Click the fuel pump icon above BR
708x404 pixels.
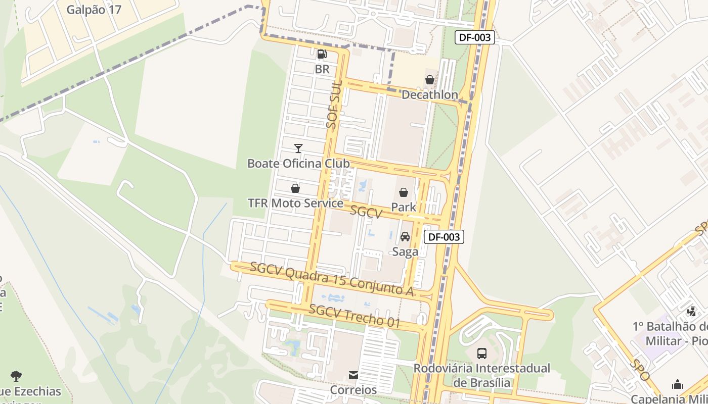322,54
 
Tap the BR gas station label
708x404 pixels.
322,69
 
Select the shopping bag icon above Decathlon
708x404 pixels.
429,80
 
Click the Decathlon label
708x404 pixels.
429,94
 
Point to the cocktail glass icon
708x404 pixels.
298,148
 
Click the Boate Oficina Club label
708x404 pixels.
298,163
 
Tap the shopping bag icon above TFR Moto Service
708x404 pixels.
295,188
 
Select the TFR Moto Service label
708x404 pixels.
295,203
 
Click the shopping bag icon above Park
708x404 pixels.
404,192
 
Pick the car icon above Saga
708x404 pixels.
405,237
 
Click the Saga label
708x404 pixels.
405,251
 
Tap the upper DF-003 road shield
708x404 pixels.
474,37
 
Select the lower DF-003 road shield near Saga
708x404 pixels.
444,237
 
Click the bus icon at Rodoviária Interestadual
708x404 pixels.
482,353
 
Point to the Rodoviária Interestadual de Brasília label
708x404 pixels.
482,375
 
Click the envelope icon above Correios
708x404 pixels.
353,375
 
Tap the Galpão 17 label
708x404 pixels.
94,10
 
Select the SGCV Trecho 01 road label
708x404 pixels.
354,316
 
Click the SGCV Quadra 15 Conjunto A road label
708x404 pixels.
332,279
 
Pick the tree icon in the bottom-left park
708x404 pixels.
16,376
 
